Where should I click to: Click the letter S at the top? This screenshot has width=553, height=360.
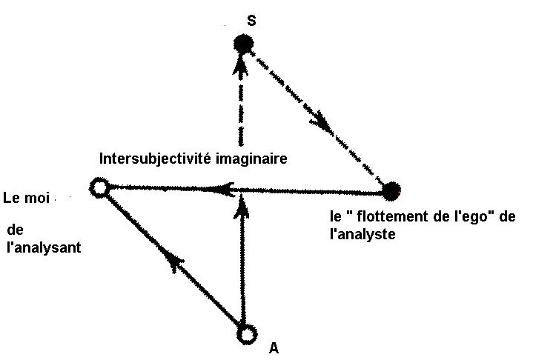click(x=251, y=21)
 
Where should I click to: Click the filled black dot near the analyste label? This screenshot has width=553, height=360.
click(x=391, y=191)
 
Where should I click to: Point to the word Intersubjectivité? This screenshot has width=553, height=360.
click(x=153, y=159)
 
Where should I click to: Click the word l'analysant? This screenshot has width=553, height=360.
click(x=43, y=248)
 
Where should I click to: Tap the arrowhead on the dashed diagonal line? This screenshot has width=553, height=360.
click(x=323, y=124)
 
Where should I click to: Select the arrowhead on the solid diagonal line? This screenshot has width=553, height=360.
click(x=173, y=260)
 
